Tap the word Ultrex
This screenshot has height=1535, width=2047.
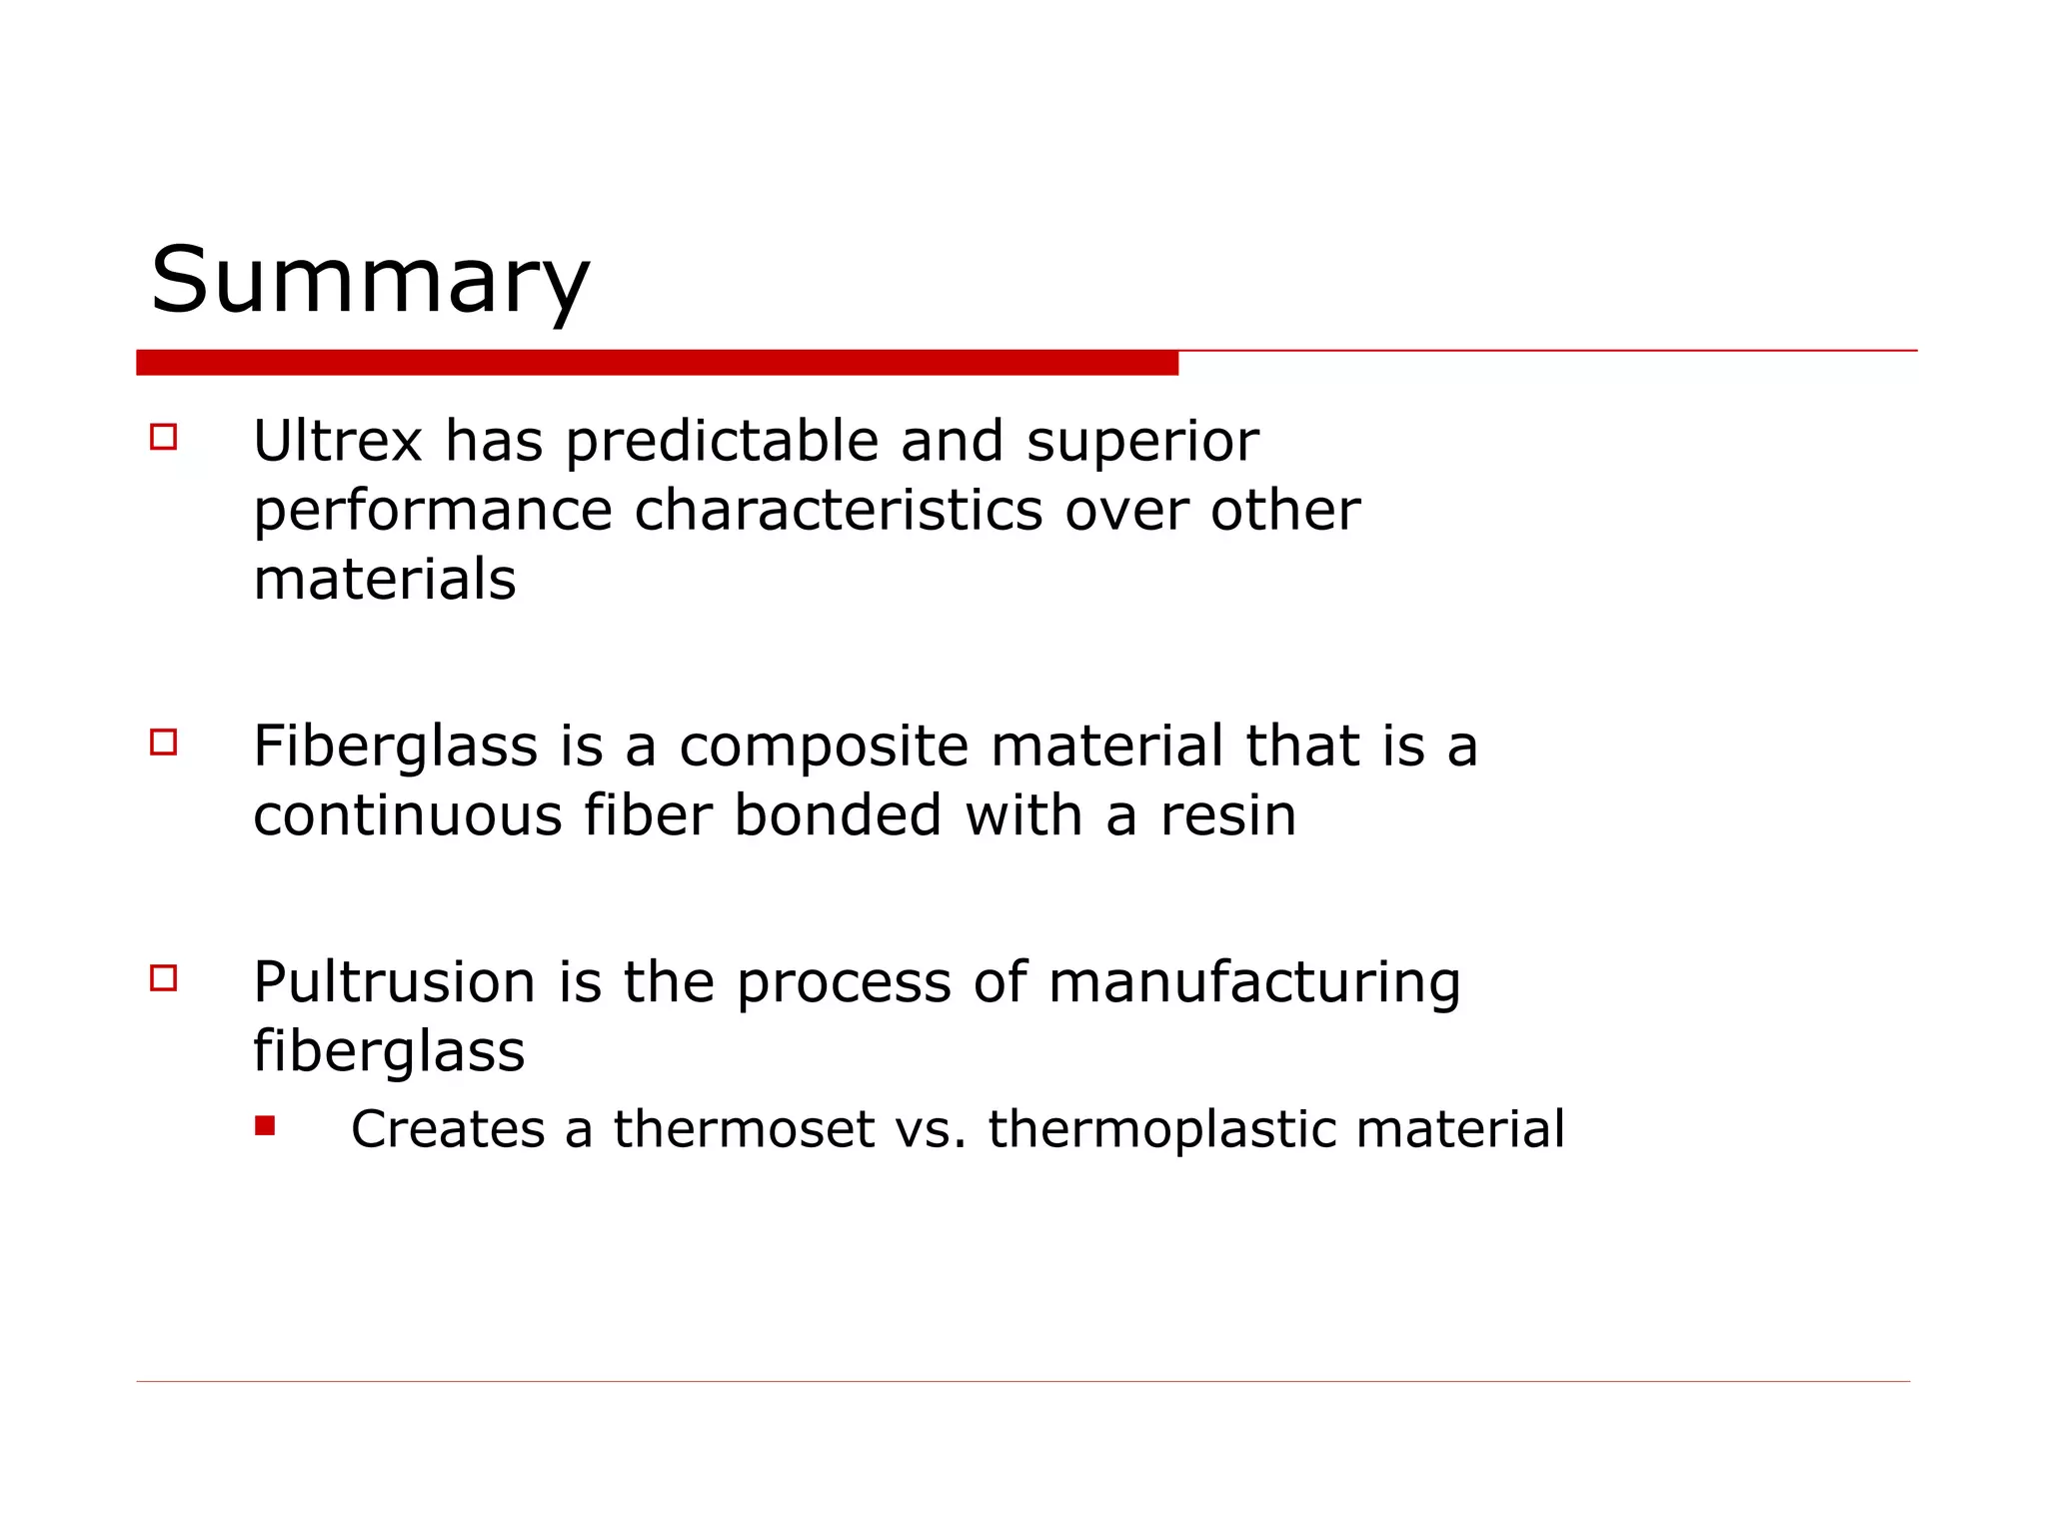pyautogui.click(x=338, y=441)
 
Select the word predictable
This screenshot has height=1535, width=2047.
pyautogui.click(x=722, y=441)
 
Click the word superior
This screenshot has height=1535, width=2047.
pyautogui.click(x=1142, y=441)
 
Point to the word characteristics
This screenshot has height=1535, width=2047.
pyautogui.click(x=838, y=511)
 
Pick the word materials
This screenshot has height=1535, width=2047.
pyautogui.click(x=385, y=580)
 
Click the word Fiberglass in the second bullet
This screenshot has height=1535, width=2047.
pyautogui.click(x=396, y=747)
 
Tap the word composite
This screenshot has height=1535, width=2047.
pyautogui.click(x=824, y=747)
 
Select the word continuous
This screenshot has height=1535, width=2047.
pyautogui.click(x=408, y=815)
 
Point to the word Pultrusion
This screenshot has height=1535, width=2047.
pyautogui.click(x=394, y=982)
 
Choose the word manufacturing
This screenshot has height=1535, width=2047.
pyautogui.click(x=1253, y=982)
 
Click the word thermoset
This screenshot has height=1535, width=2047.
pyautogui.click(x=744, y=1129)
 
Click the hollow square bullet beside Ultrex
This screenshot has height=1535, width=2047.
pyautogui.click(x=164, y=438)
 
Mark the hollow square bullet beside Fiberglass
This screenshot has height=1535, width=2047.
pyautogui.click(x=164, y=743)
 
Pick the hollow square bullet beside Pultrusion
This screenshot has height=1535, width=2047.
pyautogui.click(x=164, y=978)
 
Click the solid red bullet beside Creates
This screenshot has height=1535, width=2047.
pyautogui.click(x=265, y=1126)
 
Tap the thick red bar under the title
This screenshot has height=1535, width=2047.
pyautogui.click(x=657, y=363)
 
